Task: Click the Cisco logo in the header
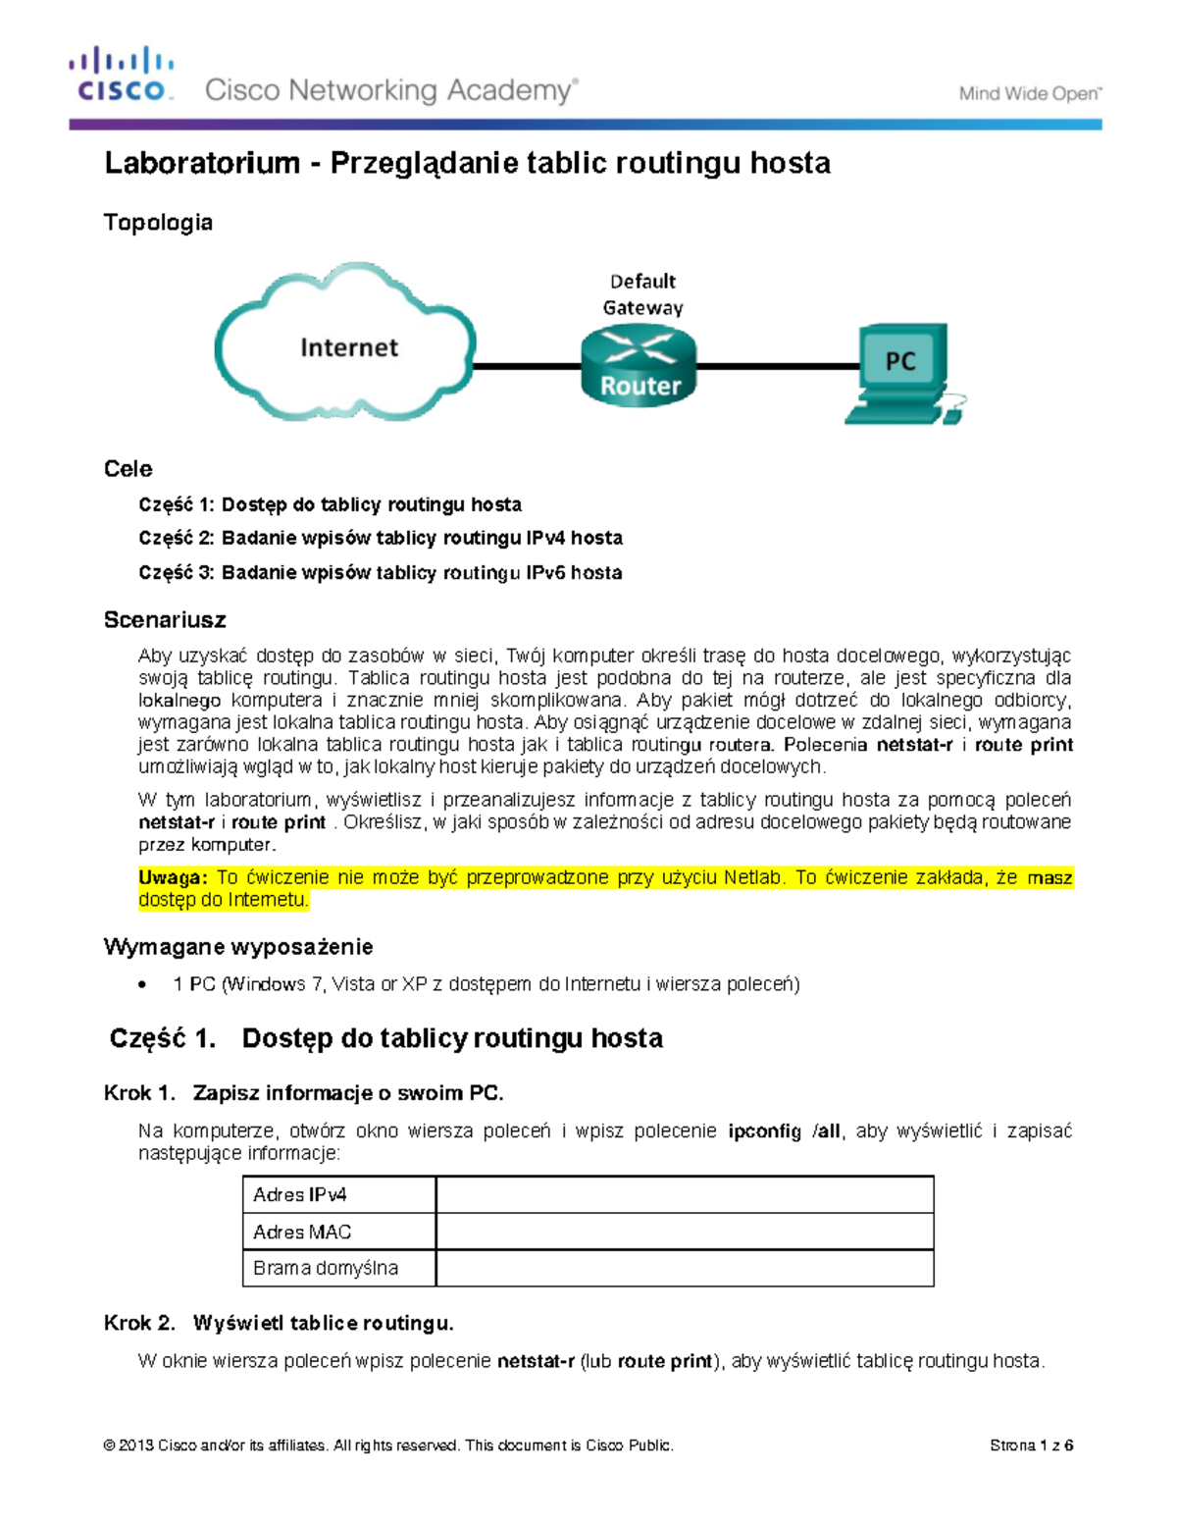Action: [x=122, y=75]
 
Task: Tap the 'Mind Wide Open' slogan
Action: [x=1030, y=94]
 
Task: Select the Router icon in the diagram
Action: [x=639, y=366]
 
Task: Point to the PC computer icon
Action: [x=901, y=372]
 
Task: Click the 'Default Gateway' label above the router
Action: [x=642, y=294]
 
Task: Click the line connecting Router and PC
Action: [x=775, y=366]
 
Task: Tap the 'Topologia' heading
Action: [x=158, y=223]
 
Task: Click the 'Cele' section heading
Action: [x=128, y=469]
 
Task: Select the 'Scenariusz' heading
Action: [x=165, y=620]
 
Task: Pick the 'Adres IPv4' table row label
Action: [x=300, y=1194]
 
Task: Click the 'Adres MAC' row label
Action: [x=302, y=1232]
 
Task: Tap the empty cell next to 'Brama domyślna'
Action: [x=685, y=1268]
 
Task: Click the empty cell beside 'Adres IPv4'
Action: [x=685, y=1194]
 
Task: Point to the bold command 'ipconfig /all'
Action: [x=784, y=1131]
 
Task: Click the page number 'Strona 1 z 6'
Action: [x=1031, y=1445]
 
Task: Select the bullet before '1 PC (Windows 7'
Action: [x=143, y=984]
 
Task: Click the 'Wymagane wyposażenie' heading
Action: [x=238, y=947]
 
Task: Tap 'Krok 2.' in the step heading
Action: [x=139, y=1324]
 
